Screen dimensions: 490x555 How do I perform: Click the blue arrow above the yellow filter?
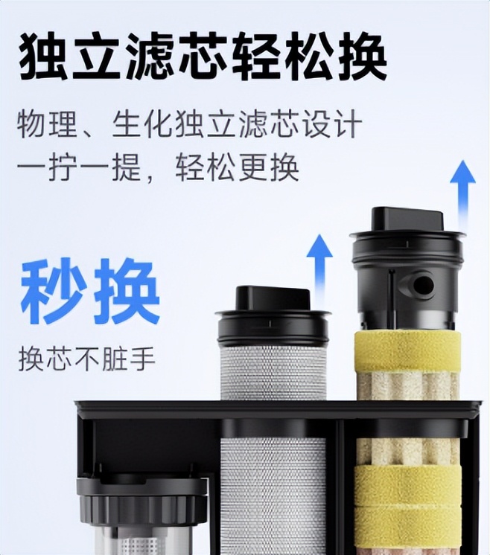(x=462, y=195)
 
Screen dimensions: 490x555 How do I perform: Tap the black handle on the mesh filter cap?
(x=273, y=298)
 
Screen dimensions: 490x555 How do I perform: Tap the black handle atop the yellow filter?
(x=407, y=219)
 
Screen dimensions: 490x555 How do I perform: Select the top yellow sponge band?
(x=408, y=351)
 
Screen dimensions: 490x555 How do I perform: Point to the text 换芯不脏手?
(x=87, y=359)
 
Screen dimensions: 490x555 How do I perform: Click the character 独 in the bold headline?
(x=43, y=56)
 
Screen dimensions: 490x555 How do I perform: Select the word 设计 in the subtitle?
(x=334, y=124)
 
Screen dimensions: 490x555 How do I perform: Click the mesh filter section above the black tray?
(x=273, y=372)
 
